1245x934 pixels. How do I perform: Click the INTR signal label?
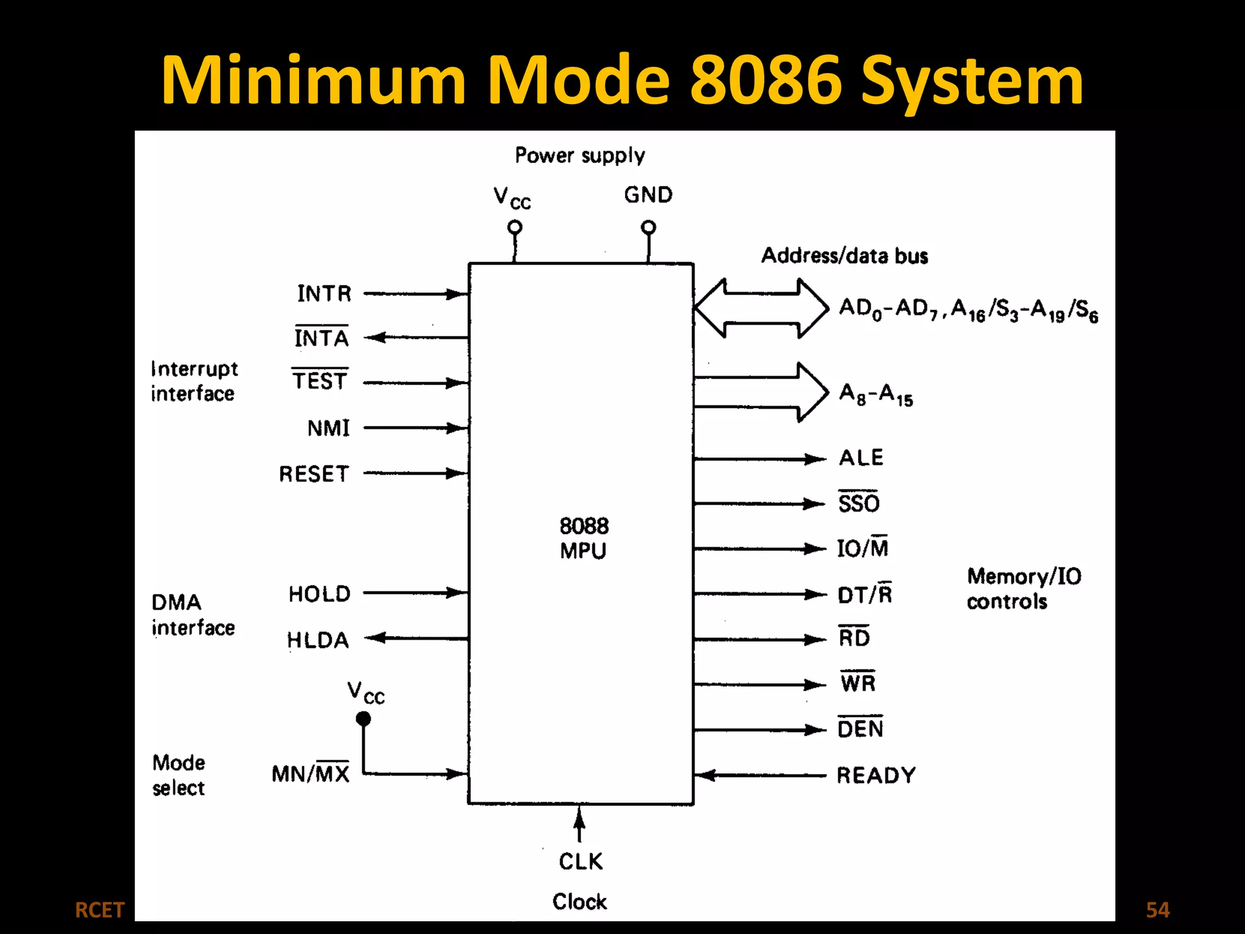324,294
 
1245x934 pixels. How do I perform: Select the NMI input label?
328,428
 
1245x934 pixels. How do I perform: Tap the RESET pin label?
314,474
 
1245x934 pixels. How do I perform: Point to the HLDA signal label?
318,640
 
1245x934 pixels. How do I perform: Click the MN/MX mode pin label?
310,773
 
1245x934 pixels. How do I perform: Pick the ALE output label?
861,457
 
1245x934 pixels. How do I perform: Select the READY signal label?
875,775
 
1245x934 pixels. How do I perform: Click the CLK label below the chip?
581,861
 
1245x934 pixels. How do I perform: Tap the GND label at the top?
648,195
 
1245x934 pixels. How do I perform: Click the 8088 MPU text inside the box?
583,538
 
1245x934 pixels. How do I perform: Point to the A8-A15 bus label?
875,394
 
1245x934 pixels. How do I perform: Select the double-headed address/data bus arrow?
761,308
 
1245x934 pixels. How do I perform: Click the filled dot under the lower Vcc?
364,719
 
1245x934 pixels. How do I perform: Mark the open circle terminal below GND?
649,227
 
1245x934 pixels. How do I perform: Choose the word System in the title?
972,81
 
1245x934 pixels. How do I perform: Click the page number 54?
1157,910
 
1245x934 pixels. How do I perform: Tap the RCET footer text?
99,910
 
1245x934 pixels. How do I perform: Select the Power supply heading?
580,156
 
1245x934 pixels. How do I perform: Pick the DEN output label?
860,728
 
